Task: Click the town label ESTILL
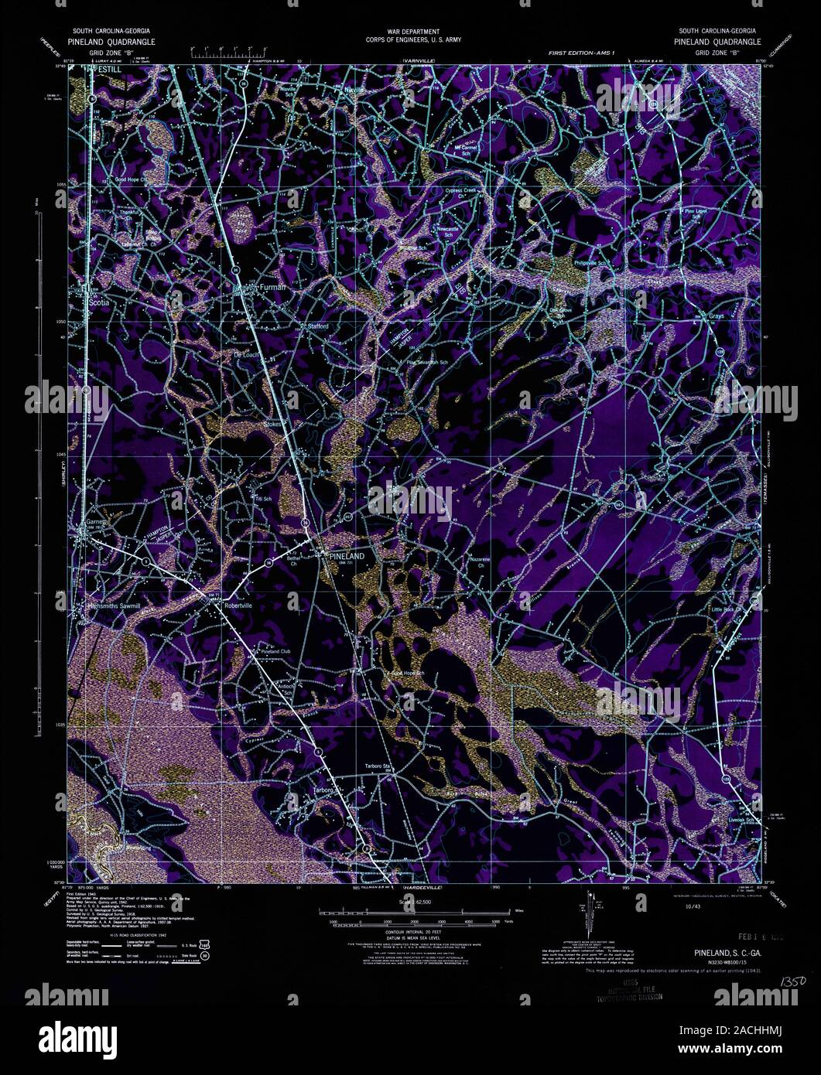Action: coord(104,68)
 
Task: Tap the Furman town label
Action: coord(272,287)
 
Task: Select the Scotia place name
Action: coord(99,303)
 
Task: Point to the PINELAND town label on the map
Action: coord(346,556)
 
